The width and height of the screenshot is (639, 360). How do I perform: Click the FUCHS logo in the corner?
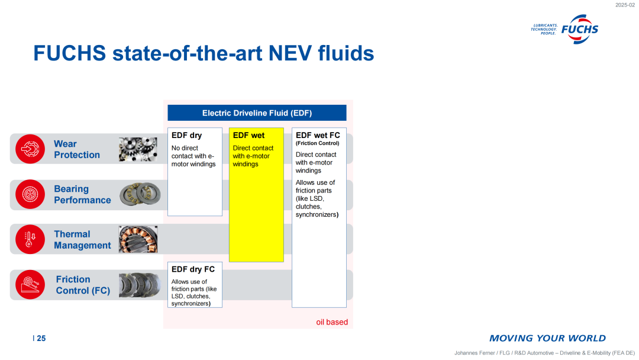pyautogui.click(x=564, y=30)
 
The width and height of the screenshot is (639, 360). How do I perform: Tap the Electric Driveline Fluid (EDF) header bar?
pyautogui.click(x=257, y=113)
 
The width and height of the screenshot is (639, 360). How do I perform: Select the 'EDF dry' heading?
pyautogui.click(x=186, y=136)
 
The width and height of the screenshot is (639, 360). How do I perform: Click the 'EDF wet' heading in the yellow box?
pyautogui.click(x=248, y=136)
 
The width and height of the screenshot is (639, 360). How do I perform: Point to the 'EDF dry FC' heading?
pyautogui.click(x=193, y=269)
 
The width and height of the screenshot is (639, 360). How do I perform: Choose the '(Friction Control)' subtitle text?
pyautogui.click(x=318, y=143)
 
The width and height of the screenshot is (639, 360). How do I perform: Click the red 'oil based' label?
pyautogui.click(x=332, y=322)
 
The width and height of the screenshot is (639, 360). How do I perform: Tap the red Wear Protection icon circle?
pyautogui.click(x=30, y=149)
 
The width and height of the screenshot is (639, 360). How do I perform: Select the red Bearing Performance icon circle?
pyautogui.click(x=30, y=194)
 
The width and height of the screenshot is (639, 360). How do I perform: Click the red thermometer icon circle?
pyautogui.click(x=30, y=239)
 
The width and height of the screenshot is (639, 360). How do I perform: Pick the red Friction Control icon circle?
pyautogui.click(x=30, y=285)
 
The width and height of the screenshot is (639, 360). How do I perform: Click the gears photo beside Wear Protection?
pyautogui.click(x=138, y=149)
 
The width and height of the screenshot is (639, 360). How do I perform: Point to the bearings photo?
pyautogui.click(x=140, y=194)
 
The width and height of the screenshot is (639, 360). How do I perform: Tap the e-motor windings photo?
pyautogui.click(x=138, y=239)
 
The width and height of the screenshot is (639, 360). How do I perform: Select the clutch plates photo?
pyautogui.click(x=140, y=285)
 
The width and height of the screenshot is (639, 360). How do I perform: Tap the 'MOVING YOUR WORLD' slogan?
pyautogui.click(x=547, y=339)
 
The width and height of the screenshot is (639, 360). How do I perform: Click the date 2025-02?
pyautogui.click(x=625, y=5)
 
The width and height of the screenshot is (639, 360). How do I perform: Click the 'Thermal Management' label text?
pyautogui.click(x=82, y=240)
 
